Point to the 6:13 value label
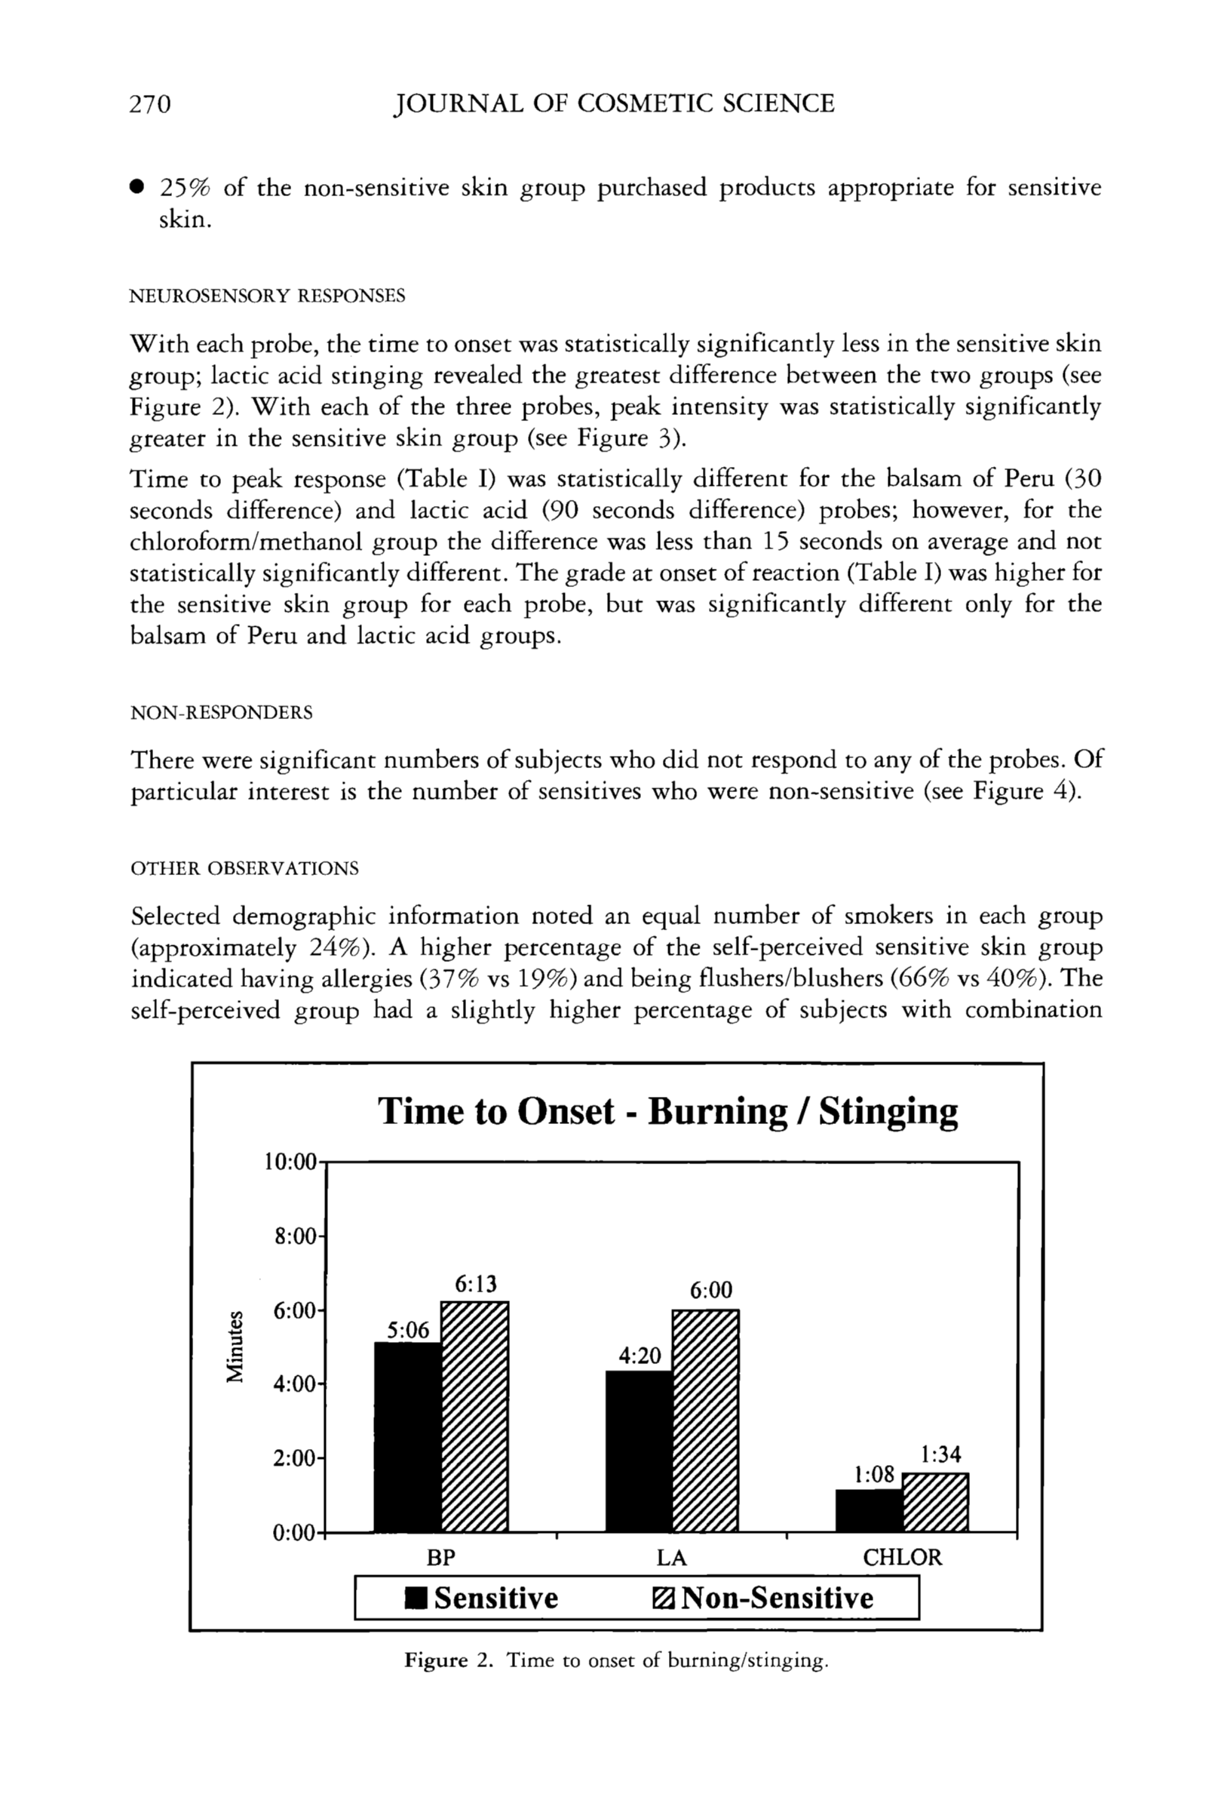pos(474,1284)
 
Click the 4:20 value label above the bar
pos(640,1356)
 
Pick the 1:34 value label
pos(941,1454)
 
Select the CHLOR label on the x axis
pos(902,1558)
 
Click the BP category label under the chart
pos(440,1558)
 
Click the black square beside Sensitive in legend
pos(416,1599)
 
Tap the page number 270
pos(149,103)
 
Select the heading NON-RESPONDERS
pos(222,713)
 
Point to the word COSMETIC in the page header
pos(646,103)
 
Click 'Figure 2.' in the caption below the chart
pos(449,1660)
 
